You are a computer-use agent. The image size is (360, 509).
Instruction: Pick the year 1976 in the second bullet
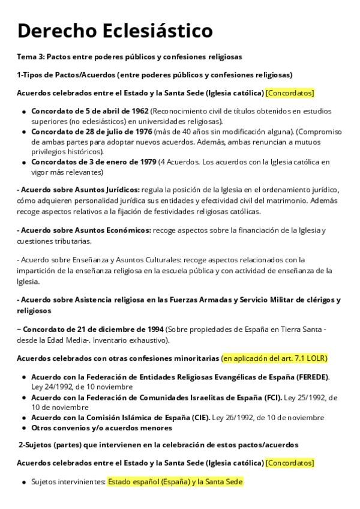(x=142, y=131)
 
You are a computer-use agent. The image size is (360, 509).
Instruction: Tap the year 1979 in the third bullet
(x=145, y=162)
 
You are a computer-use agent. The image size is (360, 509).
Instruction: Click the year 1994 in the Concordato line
(x=152, y=330)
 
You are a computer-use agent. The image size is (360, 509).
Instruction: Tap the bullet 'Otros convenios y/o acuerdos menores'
(x=101, y=428)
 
